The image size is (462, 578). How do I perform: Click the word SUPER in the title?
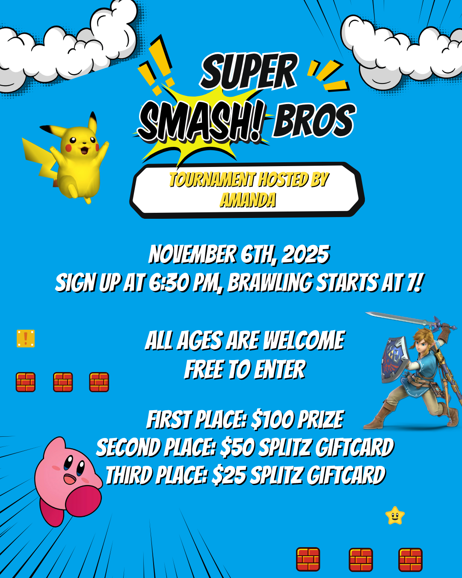point(249,71)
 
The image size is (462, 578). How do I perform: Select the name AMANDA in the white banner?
point(248,200)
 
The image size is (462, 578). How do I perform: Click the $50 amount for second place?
point(237,447)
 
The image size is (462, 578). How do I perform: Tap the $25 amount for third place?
point(229,476)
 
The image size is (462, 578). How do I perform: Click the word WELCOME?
point(304,340)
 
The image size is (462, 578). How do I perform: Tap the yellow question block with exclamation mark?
point(26,338)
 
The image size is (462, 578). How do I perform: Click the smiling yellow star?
point(394,515)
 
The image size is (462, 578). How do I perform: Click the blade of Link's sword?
point(400,318)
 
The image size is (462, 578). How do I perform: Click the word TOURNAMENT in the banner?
point(212,179)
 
